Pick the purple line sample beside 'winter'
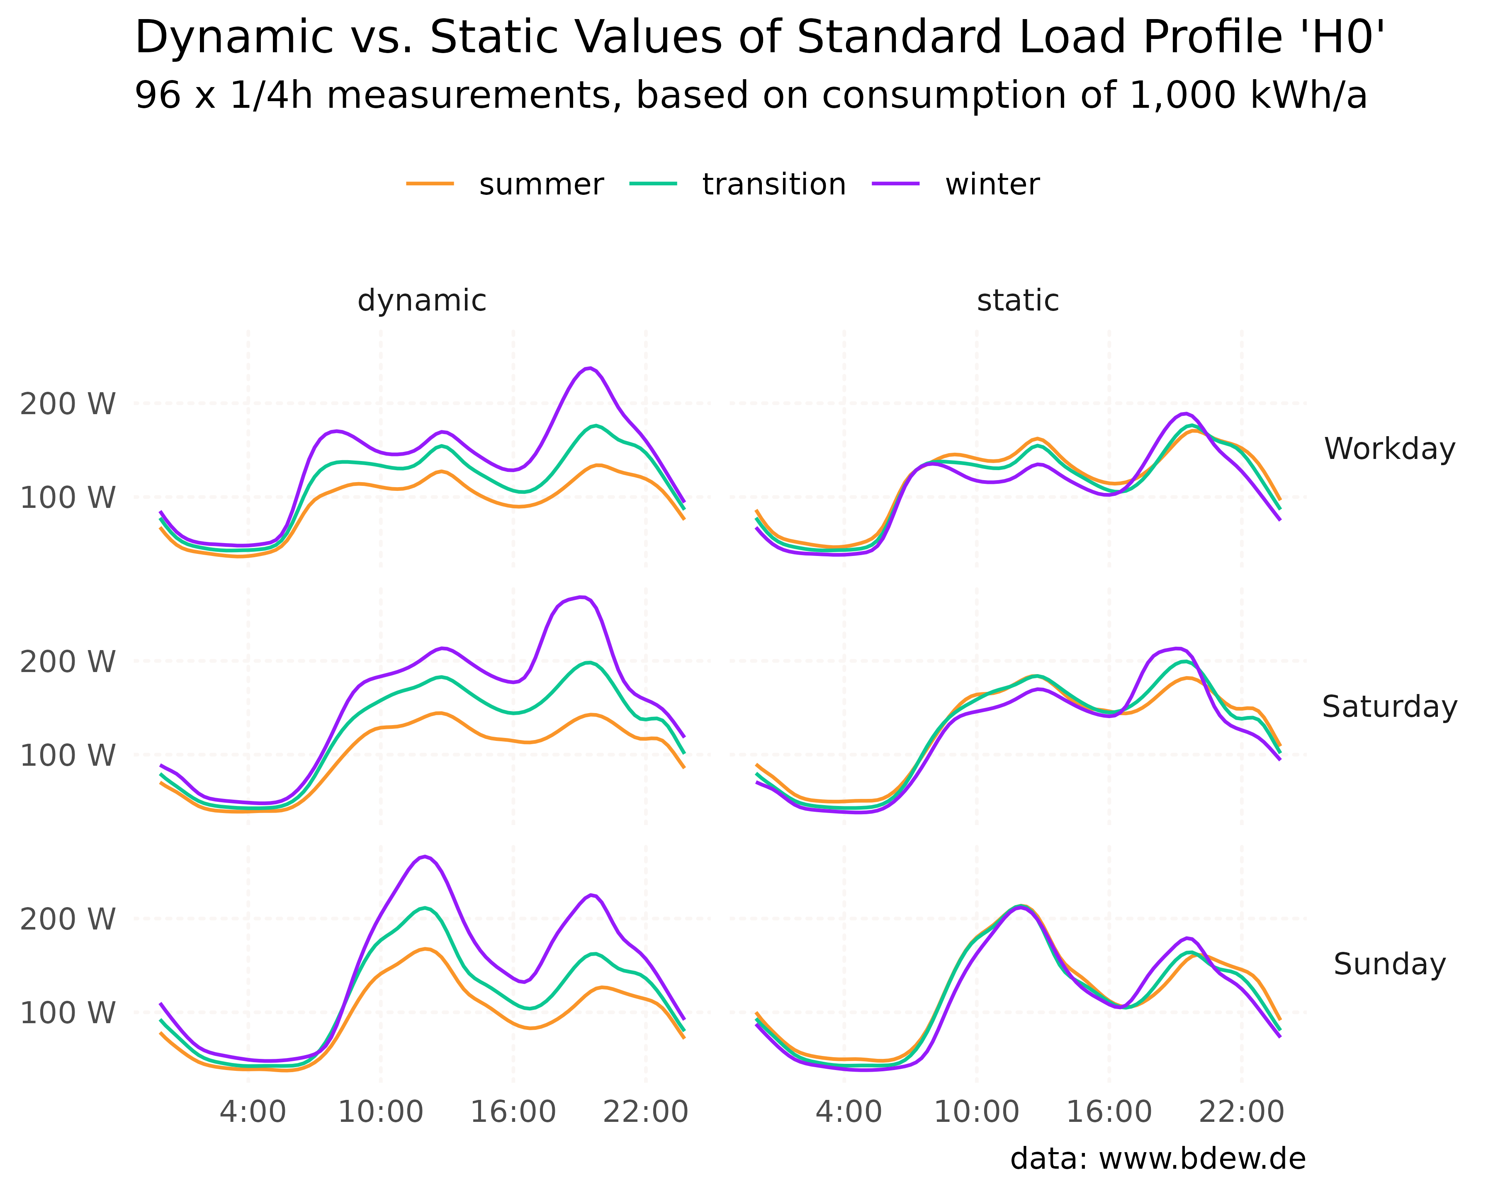(895, 183)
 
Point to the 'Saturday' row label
(1389, 707)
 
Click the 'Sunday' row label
(1389, 964)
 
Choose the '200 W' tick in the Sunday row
(67, 919)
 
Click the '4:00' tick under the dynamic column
(253, 1112)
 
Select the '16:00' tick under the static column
(1109, 1112)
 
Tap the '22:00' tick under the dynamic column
(645, 1112)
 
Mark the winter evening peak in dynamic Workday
(588, 368)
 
